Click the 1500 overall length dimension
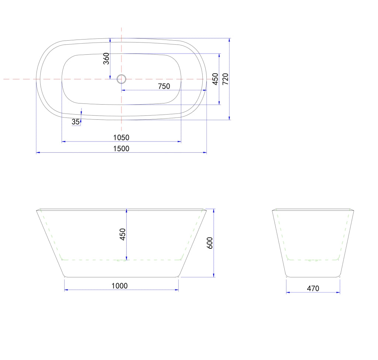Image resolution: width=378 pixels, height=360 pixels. click(121, 149)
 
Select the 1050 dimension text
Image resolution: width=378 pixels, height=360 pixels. click(121, 137)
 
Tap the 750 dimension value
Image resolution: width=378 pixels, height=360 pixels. click(164, 86)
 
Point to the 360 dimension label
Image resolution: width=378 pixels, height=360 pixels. click(106, 59)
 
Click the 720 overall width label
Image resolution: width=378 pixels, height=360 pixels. click(225, 79)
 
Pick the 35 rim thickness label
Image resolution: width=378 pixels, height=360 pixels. click(76, 122)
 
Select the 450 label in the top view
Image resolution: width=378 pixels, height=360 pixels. click(215, 79)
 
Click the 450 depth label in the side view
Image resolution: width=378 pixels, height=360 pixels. click(123, 234)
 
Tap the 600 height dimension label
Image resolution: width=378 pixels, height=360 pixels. click(210, 243)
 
